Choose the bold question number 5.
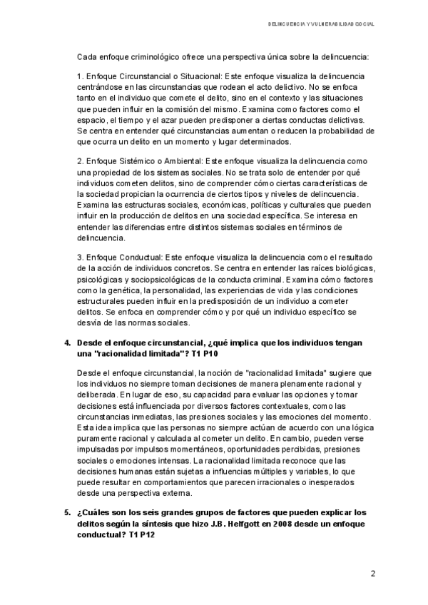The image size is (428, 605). click(68, 512)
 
